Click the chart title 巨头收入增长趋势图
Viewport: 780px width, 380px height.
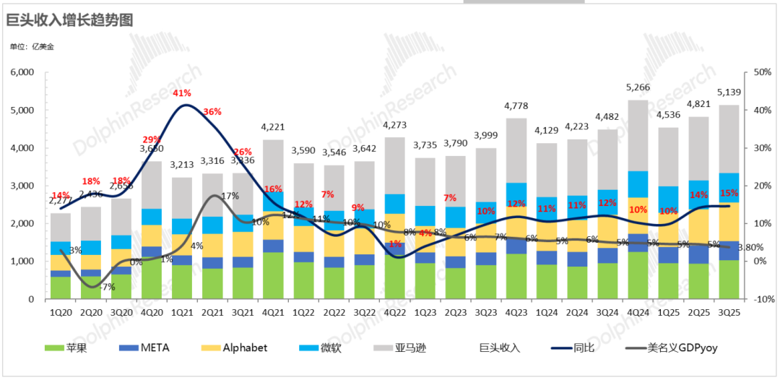[69, 20]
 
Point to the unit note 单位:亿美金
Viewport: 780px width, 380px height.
[31, 47]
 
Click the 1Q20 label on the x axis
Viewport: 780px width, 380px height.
[60, 312]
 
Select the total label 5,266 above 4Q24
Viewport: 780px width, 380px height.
[638, 87]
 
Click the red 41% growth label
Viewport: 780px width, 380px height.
[181, 93]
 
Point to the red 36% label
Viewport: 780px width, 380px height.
[212, 112]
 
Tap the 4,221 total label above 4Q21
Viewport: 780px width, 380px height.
[272, 127]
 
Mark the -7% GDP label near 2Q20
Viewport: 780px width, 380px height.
[108, 288]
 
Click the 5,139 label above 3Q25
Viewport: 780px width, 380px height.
[729, 92]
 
